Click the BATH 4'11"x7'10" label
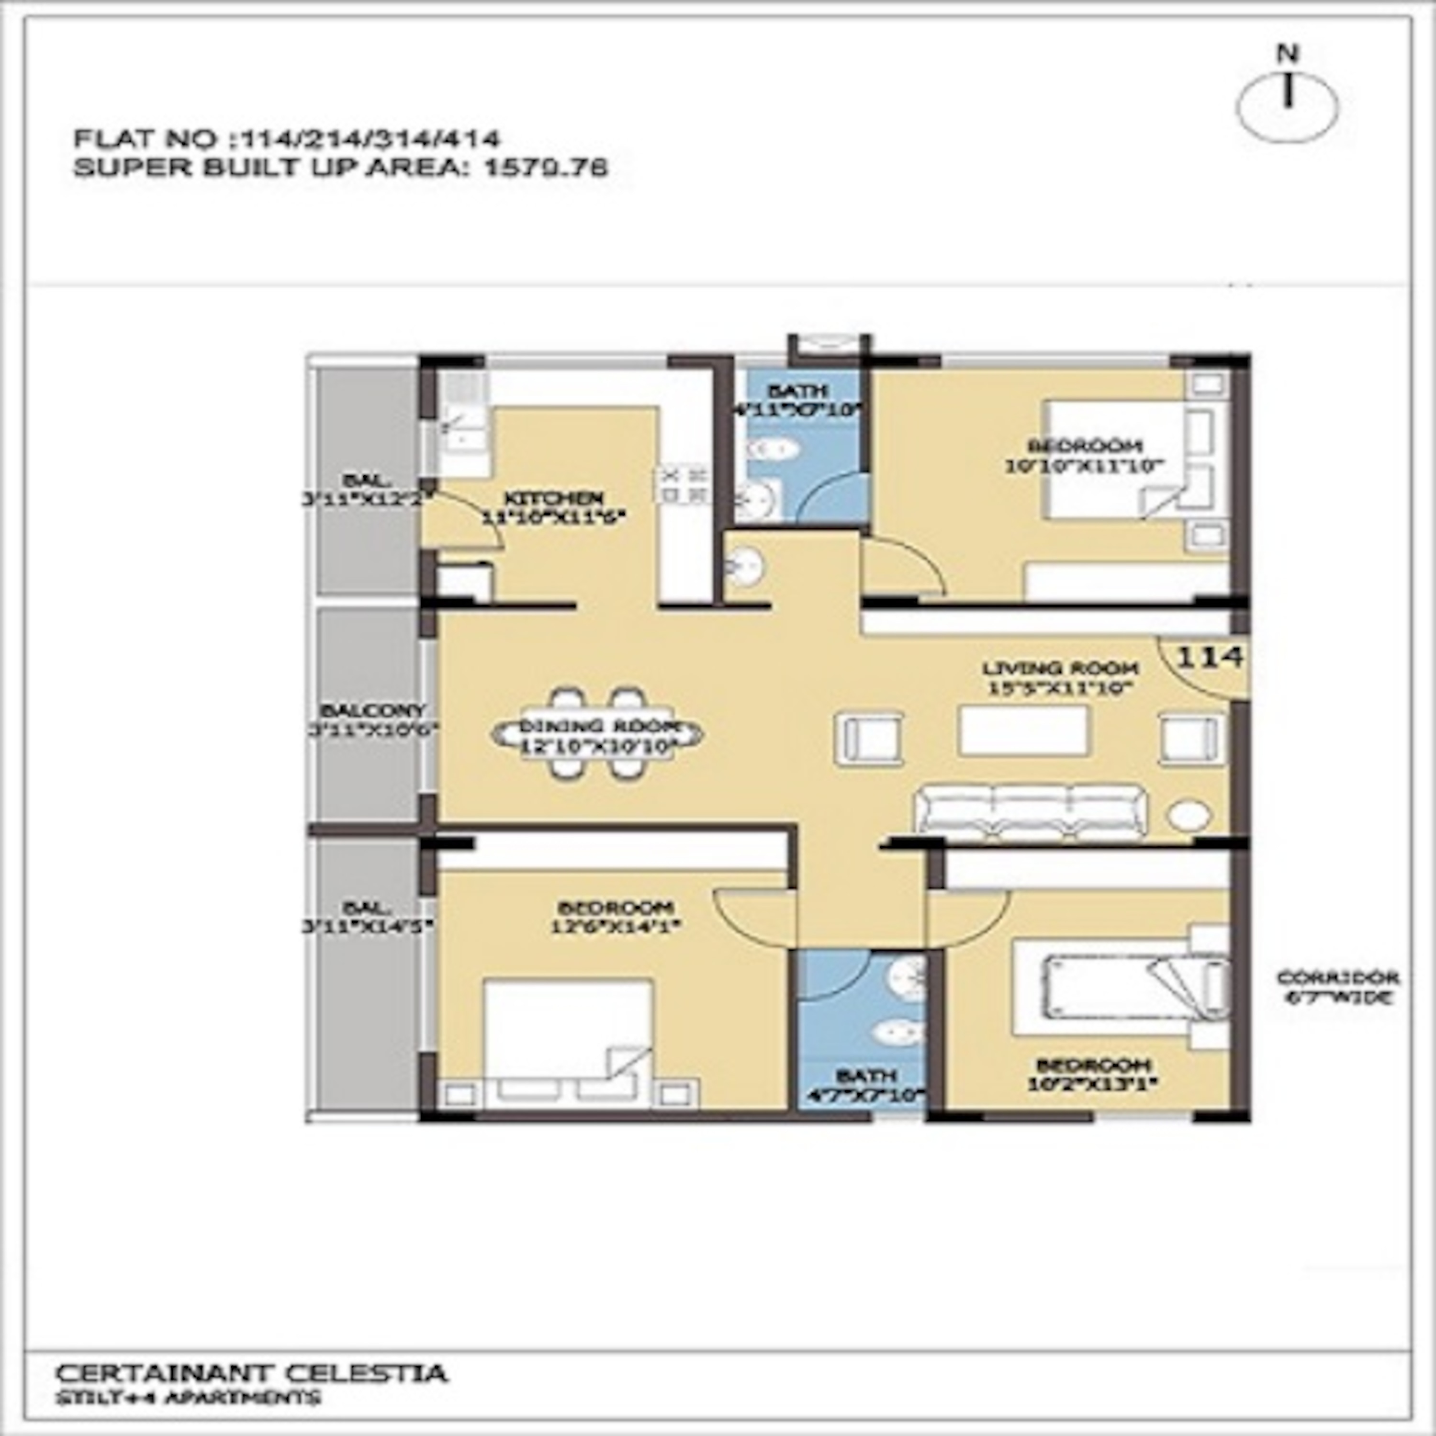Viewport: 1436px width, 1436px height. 797,399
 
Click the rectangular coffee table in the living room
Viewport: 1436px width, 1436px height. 1023,730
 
